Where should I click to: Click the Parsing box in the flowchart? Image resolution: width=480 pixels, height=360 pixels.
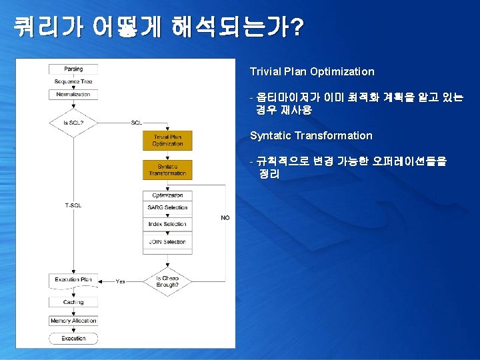pos(73,69)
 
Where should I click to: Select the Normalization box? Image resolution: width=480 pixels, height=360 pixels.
pos(73,94)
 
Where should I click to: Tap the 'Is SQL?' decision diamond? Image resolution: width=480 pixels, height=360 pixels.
pos(73,123)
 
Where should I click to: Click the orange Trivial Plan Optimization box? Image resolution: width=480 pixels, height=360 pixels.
pos(167,141)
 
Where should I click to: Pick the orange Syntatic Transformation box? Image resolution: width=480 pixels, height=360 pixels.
pos(167,170)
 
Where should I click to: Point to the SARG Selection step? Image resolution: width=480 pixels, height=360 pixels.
pos(167,207)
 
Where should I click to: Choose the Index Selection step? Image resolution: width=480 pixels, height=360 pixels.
pos(167,225)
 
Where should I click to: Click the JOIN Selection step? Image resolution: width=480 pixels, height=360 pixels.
pos(167,241)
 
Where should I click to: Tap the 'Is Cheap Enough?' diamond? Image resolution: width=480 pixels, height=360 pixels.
pos(167,281)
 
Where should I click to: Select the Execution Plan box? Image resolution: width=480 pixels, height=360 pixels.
pos(73,280)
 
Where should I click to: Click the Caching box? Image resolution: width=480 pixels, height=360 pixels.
pos(73,302)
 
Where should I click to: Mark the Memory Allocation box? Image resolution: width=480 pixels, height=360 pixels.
pos(73,321)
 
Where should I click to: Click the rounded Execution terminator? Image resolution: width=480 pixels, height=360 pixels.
pos(73,338)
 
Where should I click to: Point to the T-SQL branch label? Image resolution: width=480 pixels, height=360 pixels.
pos(73,205)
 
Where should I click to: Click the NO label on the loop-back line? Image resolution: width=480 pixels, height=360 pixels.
pos(225,218)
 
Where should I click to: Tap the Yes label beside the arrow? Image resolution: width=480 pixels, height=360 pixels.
pos(121,281)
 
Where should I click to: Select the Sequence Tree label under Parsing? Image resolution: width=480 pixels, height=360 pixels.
pos(73,81)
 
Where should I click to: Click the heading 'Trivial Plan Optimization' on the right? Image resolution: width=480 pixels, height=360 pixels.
pos(312,71)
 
